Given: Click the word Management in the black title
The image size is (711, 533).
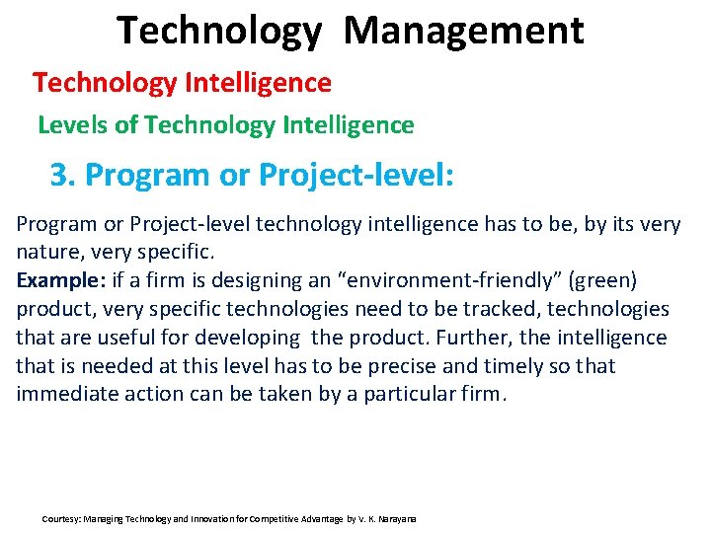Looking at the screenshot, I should [x=463, y=32].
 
